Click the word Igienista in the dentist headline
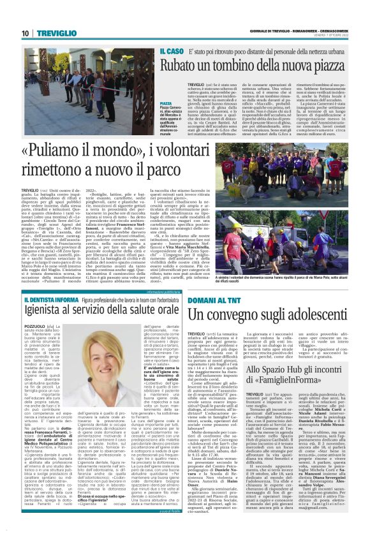tap(50, 314)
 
